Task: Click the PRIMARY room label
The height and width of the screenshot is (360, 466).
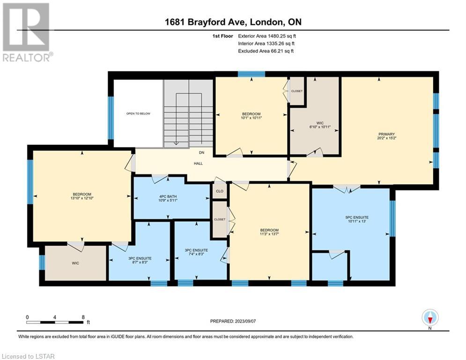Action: tap(386, 134)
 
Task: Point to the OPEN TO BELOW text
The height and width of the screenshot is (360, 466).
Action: tap(138, 113)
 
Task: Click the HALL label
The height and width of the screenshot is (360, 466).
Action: tap(198, 163)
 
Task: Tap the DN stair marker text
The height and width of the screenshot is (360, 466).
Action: tap(201, 153)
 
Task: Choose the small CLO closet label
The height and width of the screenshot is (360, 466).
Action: tap(220, 191)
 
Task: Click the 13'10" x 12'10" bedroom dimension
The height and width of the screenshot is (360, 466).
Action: tap(82, 198)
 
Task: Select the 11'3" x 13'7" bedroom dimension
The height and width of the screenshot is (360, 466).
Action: tap(269, 234)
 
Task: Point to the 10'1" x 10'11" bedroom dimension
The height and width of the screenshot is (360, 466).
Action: tap(251, 118)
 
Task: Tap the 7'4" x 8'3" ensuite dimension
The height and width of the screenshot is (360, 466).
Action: tap(196, 254)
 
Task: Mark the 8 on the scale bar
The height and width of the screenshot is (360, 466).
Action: tap(83, 317)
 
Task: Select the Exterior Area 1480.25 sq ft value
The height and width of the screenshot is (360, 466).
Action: tap(267, 36)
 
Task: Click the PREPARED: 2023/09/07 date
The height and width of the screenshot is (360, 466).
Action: tap(233, 321)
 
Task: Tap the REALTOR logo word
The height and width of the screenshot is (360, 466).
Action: tap(27, 57)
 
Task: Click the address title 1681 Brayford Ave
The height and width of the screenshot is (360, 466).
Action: tap(205, 22)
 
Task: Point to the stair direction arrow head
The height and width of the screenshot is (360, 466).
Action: tap(176, 143)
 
